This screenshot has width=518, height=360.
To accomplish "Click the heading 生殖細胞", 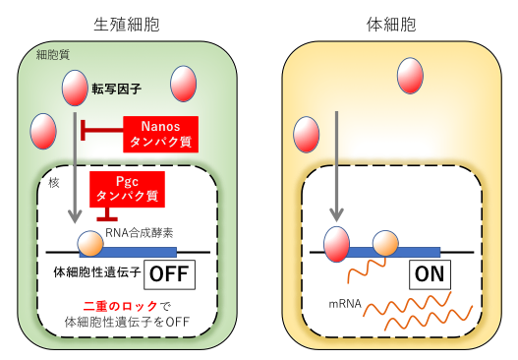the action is click(127, 25).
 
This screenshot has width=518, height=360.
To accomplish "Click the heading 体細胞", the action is click(391, 25).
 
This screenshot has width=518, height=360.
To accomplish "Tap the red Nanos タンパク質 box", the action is click(160, 134).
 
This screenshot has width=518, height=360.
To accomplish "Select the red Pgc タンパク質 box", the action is click(127, 189).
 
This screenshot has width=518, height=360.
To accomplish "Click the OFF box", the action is click(169, 274).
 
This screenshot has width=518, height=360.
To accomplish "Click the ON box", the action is click(430, 274).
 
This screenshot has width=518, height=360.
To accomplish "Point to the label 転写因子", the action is click(117, 89).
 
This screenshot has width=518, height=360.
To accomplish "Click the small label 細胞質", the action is click(53, 55).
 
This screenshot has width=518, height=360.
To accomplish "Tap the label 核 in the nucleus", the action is click(54, 183).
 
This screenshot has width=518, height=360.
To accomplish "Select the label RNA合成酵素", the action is click(139, 233).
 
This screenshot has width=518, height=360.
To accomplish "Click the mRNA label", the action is click(345, 304).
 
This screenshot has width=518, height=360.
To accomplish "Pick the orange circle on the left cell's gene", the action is click(90, 244).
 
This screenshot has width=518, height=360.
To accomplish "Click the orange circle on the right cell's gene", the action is click(385, 244).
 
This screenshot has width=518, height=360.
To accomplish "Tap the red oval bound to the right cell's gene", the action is click(336, 244).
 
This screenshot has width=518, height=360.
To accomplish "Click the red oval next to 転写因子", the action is click(75, 88).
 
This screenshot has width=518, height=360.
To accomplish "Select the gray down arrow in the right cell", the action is click(336, 166).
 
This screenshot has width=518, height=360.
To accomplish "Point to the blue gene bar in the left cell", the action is click(128, 252).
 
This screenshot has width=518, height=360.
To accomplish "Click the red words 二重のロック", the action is click(120, 307).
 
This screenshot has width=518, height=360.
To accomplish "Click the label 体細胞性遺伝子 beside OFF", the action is click(97, 272).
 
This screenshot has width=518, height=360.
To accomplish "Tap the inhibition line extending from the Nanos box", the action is click(102, 130).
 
